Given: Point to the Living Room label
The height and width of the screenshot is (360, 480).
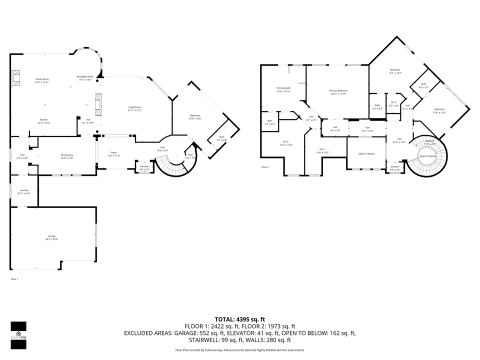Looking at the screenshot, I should (x=135, y=108).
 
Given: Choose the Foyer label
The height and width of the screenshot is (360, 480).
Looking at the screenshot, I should (x=113, y=154).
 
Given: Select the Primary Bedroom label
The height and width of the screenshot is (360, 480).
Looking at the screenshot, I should (x=338, y=92).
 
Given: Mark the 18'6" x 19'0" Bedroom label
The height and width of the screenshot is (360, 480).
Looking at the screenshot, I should (x=195, y=117).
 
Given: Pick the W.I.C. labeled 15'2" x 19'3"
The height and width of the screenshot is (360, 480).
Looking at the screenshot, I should (x=285, y=143).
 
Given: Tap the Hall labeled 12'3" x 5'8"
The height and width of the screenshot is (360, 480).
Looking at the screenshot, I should (x=367, y=129).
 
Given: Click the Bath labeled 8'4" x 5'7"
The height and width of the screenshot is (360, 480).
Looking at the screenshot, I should (x=423, y=85).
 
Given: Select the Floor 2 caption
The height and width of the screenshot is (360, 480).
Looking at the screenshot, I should (x=265, y=167).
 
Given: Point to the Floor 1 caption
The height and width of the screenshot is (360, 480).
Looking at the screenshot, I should (x=14, y=278).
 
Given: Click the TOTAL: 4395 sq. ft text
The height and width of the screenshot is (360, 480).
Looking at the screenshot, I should (x=239, y=319).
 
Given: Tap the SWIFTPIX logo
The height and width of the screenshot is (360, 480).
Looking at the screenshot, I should (x=18, y=332).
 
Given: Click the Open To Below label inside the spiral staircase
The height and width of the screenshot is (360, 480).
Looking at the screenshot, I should (x=427, y=156).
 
